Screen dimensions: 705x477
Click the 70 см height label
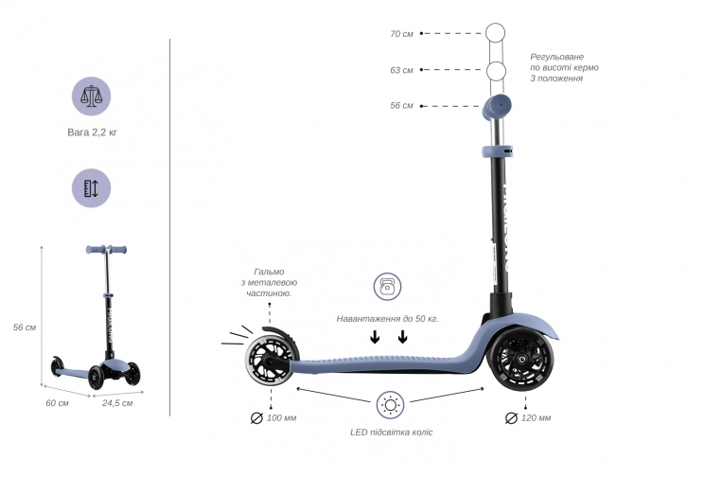pyautogui.click(x=401, y=34)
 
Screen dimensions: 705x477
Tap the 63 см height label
pyautogui.click(x=401, y=70)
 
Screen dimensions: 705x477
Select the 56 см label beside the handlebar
pyautogui.click(x=401, y=106)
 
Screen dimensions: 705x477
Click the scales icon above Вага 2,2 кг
pyautogui.click(x=91, y=97)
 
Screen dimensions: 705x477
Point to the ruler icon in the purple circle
pyautogui.click(x=91, y=188)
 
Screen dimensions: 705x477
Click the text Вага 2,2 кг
pyautogui.click(x=92, y=132)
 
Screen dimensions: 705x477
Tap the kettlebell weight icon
pyautogui.click(x=387, y=287)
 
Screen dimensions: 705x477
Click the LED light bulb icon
pyautogui.click(x=390, y=405)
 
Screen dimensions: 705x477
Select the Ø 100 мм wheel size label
pyautogui.click(x=273, y=418)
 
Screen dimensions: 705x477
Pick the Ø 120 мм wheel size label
pyautogui.click(x=528, y=418)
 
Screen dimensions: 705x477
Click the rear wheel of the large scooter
pyautogui.click(x=269, y=360)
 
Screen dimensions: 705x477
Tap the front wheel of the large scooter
pyautogui.click(x=521, y=359)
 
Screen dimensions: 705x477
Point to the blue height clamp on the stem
pyautogui.click(x=497, y=151)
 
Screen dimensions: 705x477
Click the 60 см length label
pyautogui.click(x=57, y=403)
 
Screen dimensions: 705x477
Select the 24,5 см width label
pyautogui.click(x=117, y=403)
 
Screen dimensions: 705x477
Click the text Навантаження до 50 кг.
pyautogui.click(x=387, y=319)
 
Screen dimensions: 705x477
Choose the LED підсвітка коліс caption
pyautogui.click(x=391, y=433)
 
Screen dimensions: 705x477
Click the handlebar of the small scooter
pyautogui.click(x=106, y=250)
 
